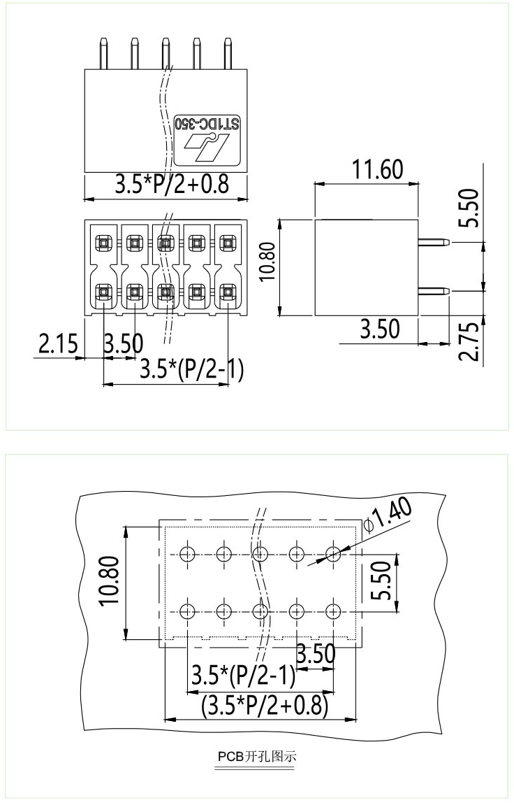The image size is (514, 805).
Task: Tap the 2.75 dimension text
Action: (x=471, y=341)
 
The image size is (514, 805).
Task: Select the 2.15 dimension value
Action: (x=57, y=345)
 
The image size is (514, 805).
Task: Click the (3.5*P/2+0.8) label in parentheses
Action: (x=265, y=705)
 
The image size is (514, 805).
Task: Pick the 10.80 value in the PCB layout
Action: (x=112, y=582)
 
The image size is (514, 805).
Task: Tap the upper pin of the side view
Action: (x=434, y=242)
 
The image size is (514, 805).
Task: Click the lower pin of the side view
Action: (x=434, y=290)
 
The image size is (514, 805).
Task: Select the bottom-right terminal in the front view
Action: (x=227, y=292)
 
